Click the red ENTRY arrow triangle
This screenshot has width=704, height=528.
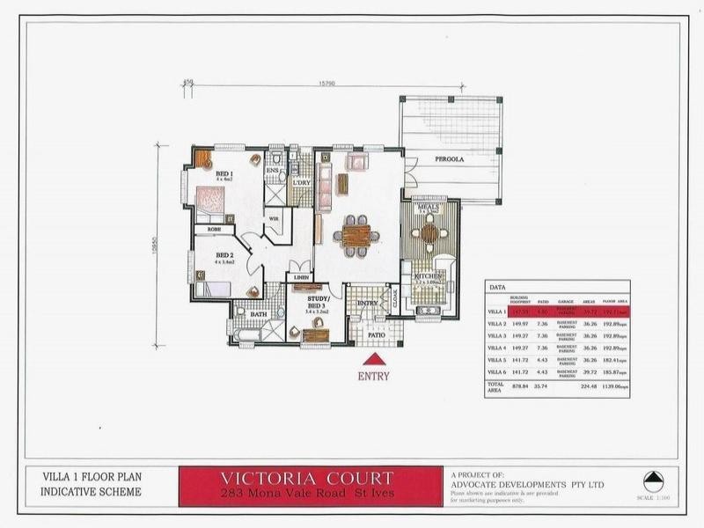coord(374,360)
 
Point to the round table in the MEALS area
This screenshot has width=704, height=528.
coord(429,233)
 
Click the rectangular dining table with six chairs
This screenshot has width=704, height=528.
coord(356,235)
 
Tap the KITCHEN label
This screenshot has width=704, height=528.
coord(429,275)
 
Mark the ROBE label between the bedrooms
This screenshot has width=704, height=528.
coord(214,229)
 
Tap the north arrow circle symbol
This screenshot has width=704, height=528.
coord(653,481)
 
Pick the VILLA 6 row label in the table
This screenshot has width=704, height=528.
coord(497,372)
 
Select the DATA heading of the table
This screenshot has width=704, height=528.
coord(496,287)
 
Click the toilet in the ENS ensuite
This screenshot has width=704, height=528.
coord(277,158)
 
